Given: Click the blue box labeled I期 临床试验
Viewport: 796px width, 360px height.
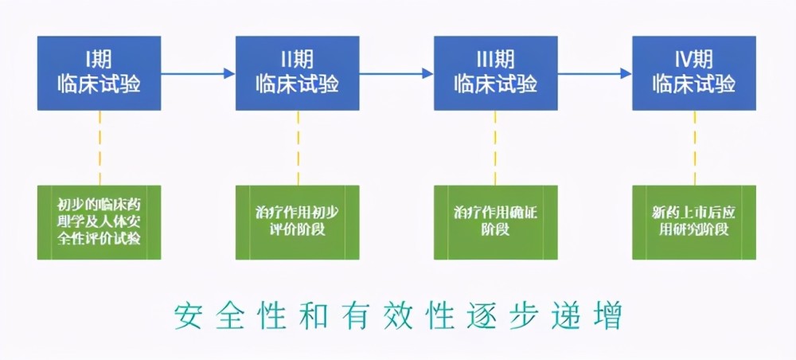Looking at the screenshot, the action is click(x=99, y=73).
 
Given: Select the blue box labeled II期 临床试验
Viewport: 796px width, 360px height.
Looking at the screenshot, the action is click(x=298, y=73).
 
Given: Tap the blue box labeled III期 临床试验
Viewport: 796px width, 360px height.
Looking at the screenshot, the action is click(x=495, y=73).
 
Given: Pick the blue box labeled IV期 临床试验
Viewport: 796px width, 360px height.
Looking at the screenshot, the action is click(x=694, y=73).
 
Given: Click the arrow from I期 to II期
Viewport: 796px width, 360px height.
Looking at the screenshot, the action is click(x=198, y=73).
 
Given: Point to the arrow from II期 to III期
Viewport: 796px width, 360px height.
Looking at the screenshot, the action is click(x=396, y=73).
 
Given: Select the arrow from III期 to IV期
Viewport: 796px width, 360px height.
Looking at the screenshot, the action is click(x=595, y=73).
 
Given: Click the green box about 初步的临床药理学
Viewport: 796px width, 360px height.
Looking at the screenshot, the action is click(x=99, y=222).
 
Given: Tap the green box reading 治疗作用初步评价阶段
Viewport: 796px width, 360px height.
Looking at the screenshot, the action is click(x=298, y=222).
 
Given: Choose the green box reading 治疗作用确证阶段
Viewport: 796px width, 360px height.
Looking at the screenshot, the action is click(x=495, y=222).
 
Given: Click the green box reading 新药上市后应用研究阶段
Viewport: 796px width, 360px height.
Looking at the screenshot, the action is click(x=694, y=222).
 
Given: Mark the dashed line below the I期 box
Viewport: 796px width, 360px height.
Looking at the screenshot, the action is click(x=100, y=148).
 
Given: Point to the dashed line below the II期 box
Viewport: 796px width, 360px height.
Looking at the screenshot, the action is click(x=298, y=148).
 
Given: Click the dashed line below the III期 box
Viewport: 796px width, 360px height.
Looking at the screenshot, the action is click(x=495, y=148).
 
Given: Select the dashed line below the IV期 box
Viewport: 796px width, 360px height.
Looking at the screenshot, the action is click(x=695, y=148).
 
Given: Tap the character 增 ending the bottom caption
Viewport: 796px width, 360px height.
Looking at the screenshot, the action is click(x=608, y=316).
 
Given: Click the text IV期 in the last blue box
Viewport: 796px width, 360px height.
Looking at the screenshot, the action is click(x=694, y=60).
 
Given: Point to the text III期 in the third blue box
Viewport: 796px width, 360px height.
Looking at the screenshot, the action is click(x=495, y=60).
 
